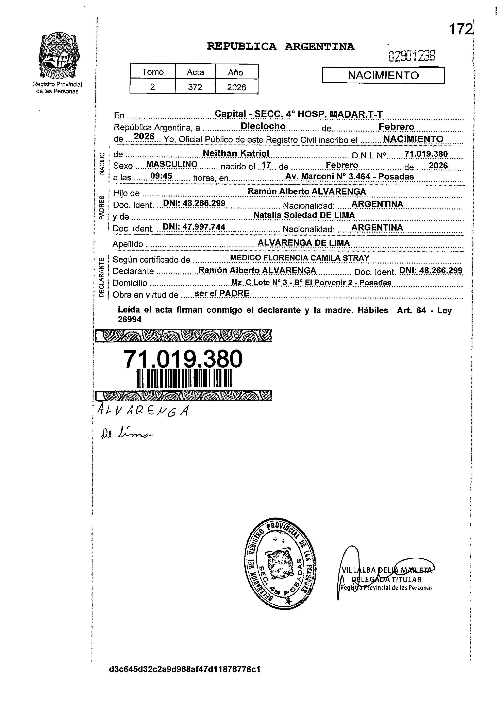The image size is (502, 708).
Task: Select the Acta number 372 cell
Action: click(195, 87)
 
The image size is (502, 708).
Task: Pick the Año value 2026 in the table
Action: click(236, 87)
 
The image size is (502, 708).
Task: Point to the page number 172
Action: click(460, 29)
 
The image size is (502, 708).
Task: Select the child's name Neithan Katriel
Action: click(236, 153)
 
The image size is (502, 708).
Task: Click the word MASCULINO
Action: click(172, 164)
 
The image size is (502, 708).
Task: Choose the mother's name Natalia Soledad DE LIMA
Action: click(304, 215)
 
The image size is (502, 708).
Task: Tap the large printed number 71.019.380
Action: click(183, 359)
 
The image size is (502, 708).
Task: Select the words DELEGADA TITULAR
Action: click(386, 580)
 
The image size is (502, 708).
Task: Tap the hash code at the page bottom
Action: click(185, 669)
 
